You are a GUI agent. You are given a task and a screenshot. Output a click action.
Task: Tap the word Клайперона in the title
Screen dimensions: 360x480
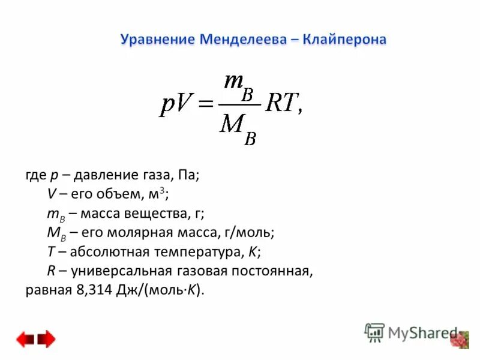tap(345, 40)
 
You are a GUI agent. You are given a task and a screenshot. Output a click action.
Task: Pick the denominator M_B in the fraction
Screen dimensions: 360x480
tap(238, 128)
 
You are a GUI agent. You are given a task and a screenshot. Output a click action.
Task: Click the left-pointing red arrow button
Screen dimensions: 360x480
tap(25, 340)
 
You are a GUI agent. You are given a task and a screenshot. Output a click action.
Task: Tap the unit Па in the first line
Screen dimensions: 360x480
tap(186, 175)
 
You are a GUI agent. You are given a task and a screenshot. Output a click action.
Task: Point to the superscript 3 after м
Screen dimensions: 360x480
tap(162, 190)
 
